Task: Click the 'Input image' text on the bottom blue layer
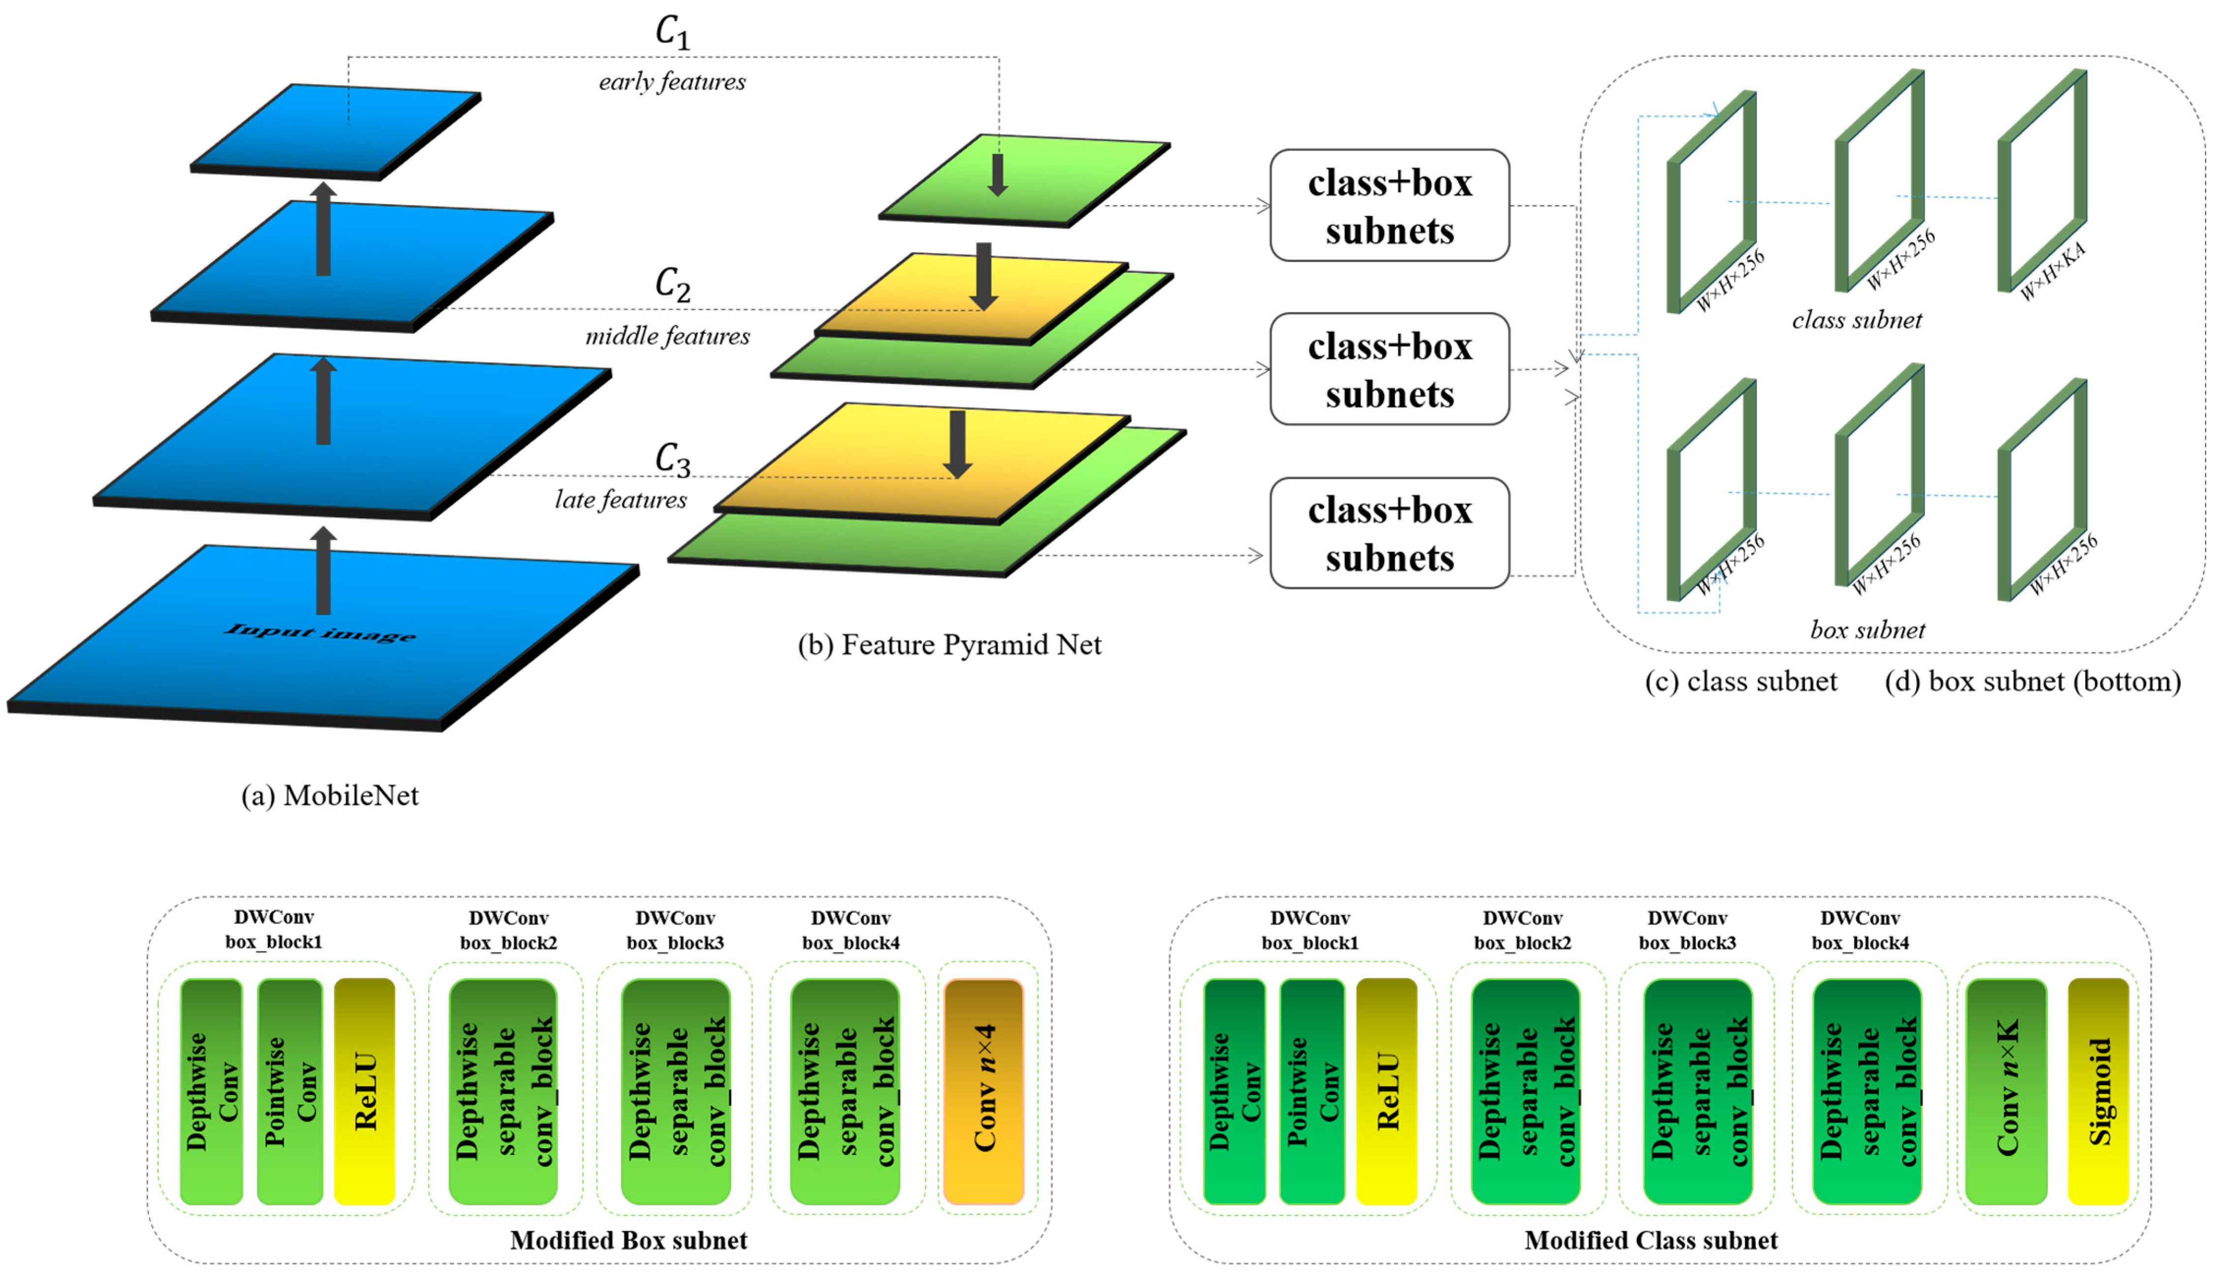point(321,632)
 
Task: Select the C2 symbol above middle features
point(672,285)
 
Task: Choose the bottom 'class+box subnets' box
point(1389,534)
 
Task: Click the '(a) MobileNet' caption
point(330,795)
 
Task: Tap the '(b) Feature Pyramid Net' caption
point(949,645)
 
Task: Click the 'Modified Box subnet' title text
point(628,1240)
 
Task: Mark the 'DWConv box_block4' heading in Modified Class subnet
point(1860,930)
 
